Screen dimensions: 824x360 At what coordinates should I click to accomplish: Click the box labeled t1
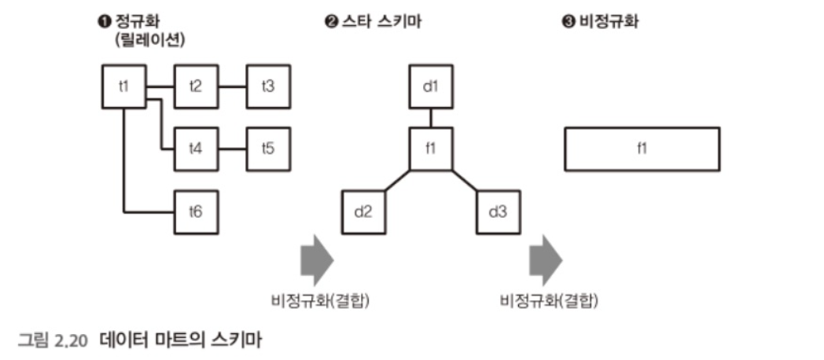[x=124, y=86]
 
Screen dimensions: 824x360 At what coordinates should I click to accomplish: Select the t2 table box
[x=196, y=86]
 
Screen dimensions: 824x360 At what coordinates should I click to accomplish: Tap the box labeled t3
[x=268, y=86]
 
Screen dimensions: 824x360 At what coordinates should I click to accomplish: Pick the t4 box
[x=196, y=148]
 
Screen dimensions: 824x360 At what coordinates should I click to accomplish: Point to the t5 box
[x=268, y=148]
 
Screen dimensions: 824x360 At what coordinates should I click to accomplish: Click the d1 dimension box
[x=430, y=86]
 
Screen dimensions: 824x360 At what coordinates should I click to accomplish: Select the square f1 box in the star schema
[x=430, y=148]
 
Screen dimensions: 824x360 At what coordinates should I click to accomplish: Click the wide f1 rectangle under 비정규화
[x=642, y=149]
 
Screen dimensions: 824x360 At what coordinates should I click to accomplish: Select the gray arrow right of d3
[x=545, y=259]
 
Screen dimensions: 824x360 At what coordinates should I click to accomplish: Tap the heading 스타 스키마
[x=378, y=21]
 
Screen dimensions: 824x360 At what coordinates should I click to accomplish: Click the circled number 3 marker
[x=568, y=21]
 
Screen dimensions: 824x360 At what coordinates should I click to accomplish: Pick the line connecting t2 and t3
[x=232, y=86]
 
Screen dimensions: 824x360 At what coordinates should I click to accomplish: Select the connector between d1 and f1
[x=430, y=117]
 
